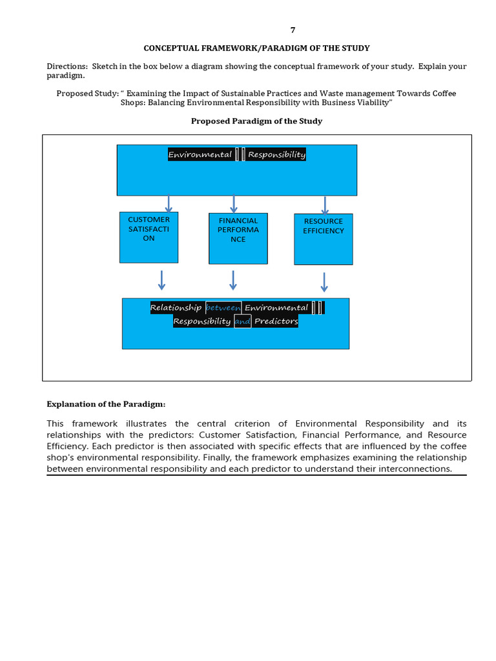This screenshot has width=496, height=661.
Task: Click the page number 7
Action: (x=293, y=30)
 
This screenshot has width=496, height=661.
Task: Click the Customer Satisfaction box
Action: (x=149, y=237)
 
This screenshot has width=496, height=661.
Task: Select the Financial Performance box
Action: (x=238, y=238)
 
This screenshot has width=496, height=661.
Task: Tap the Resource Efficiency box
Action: (x=323, y=239)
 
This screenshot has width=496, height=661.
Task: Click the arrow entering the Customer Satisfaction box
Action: (x=169, y=203)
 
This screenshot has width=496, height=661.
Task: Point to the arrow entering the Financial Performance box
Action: (x=234, y=204)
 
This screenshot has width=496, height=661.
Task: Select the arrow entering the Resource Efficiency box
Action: (x=325, y=205)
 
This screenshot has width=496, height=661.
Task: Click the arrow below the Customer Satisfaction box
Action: (x=161, y=280)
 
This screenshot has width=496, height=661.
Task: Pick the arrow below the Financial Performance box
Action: (x=233, y=280)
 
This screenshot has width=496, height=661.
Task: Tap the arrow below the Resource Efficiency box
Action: (x=324, y=281)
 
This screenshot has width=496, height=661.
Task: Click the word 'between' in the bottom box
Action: (x=223, y=308)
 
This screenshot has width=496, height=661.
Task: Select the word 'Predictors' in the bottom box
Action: (x=276, y=321)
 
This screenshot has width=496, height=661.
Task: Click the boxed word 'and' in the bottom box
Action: (x=243, y=321)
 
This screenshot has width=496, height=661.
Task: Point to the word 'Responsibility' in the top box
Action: (x=276, y=155)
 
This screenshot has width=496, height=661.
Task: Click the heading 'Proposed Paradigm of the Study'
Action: (x=256, y=121)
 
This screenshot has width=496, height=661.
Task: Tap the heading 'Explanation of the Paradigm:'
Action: (x=106, y=404)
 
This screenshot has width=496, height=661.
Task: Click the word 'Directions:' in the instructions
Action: (x=67, y=66)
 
